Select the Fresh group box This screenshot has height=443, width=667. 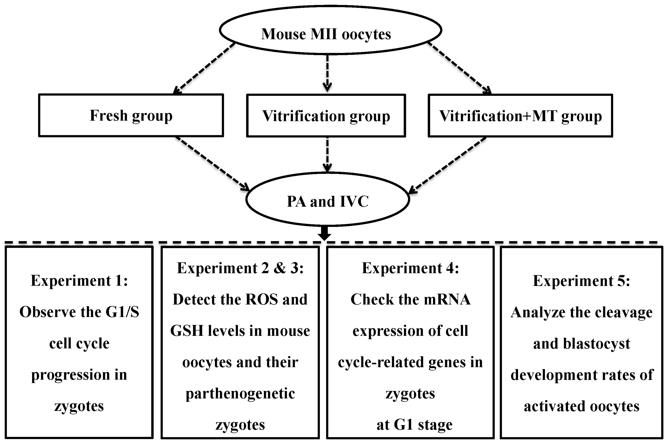click(131, 115)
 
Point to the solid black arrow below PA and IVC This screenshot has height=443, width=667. click(324, 233)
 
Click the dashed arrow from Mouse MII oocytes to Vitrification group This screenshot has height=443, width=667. click(327, 72)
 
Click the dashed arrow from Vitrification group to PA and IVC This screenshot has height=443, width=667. click(327, 154)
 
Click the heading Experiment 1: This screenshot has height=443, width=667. click(79, 281)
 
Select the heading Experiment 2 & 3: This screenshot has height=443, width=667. click(240, 268)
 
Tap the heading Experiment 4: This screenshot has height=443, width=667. click(410, 268)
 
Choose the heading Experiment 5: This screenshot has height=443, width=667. click(581, 281)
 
